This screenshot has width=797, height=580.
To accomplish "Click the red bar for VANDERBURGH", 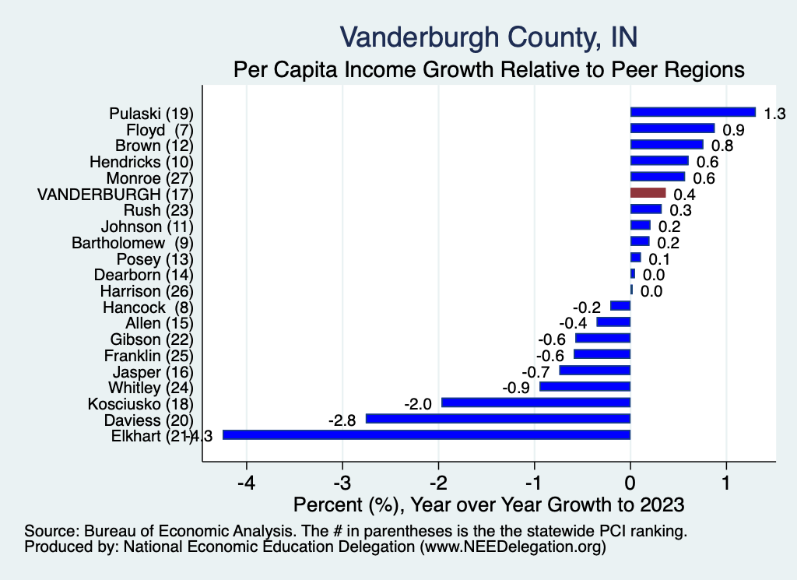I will (x=648, y=192).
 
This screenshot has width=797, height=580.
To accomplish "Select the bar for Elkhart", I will (x=427, y=434).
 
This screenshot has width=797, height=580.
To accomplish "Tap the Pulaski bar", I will (x=693, y=111).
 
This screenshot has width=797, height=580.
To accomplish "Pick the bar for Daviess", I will (x=498, y=419).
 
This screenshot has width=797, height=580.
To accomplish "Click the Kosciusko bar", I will (x=535, y=402).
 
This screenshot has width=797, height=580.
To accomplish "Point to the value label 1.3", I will (x=774, y=114).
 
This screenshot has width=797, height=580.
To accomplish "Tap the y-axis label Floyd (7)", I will (x=159, y=129).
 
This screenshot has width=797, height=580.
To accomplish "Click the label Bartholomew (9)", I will (x=132, y=242).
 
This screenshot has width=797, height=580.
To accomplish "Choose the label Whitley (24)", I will (x=149, y=387).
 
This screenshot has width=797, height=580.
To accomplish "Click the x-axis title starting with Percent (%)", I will (x=488, y=504).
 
